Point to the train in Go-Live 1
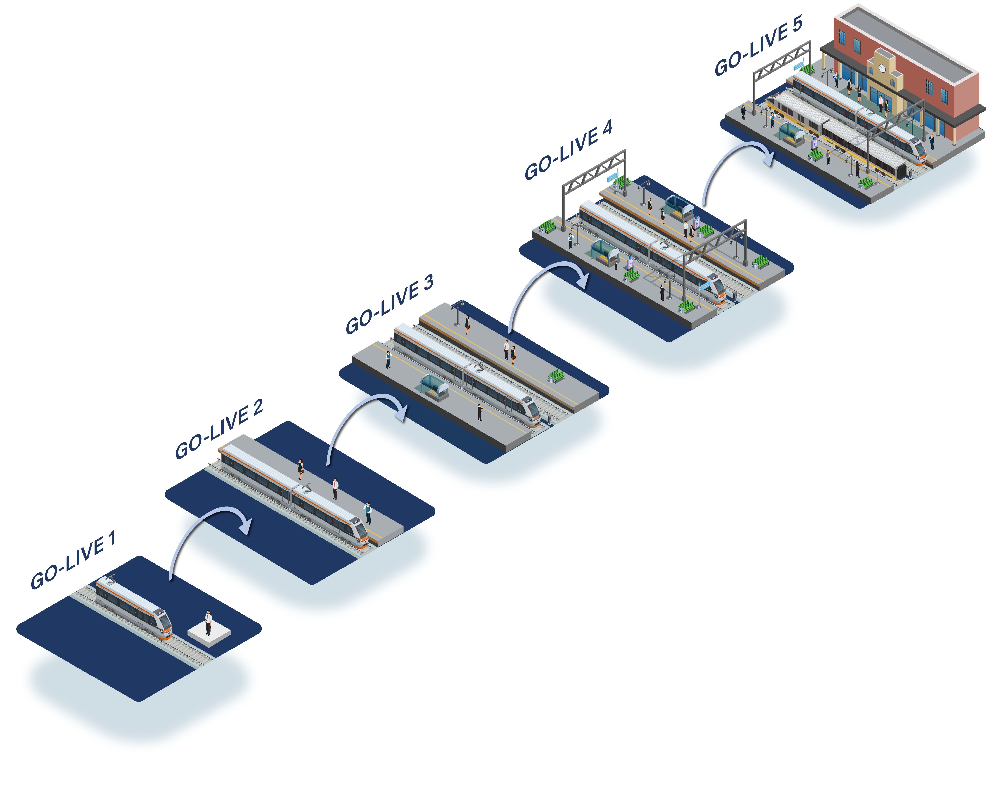134,608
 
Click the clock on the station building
882,68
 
